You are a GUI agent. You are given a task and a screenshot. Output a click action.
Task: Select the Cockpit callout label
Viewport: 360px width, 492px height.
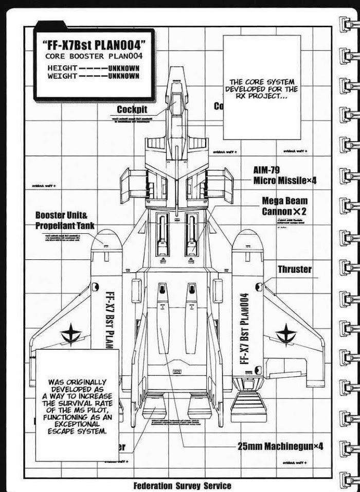132,109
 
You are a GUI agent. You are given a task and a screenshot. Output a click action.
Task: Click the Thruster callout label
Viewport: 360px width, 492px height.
295,269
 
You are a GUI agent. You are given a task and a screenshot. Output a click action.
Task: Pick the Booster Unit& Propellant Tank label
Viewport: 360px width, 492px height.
65,220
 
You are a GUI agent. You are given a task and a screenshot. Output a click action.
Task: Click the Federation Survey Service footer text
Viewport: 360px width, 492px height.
182,485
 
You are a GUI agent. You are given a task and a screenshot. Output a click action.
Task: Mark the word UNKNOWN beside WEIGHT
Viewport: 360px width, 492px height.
123,76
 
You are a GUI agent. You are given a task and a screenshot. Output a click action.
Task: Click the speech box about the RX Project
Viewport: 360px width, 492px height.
262,87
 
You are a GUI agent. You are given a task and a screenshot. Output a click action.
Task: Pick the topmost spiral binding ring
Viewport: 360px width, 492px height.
347,24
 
